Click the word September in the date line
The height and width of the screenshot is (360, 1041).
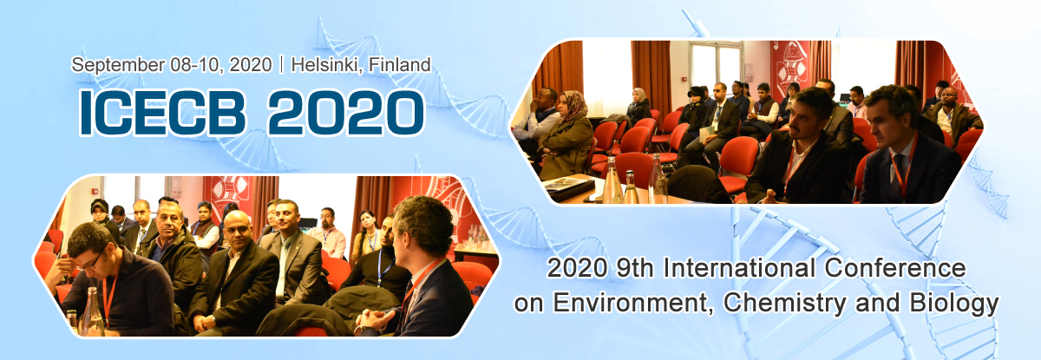118,65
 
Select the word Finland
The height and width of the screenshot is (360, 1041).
400,64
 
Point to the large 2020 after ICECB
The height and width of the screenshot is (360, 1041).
346,113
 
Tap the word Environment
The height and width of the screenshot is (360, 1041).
633,303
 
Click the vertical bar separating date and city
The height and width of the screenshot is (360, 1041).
282,65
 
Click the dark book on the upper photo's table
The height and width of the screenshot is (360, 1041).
569,187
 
